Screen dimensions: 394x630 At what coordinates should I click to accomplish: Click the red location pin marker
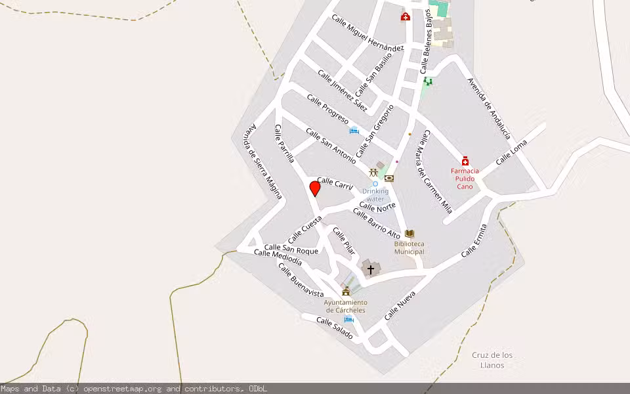click(x=315, y=189)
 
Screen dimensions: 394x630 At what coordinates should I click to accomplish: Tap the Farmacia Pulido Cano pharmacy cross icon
click(x=465, y=161)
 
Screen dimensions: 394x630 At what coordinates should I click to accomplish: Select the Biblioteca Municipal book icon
click(x=409, y=234)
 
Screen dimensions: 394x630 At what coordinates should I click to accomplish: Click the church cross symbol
click(x=371, y=269)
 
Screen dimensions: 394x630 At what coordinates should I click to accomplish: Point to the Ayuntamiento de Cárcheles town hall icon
click(x=346, y=291)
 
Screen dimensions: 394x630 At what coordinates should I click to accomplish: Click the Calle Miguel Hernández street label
click(x=367, y=33)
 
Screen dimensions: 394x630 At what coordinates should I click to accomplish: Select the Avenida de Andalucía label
click(x=489, y=108)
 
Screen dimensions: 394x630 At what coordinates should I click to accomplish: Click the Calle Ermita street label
click(x=474, y=241)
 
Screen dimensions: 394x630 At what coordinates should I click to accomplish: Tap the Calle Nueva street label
click(x=400, y=305)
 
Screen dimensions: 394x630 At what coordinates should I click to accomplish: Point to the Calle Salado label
click(x=335, y=328)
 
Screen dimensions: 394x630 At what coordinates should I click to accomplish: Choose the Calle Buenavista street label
click(x=301, y=280)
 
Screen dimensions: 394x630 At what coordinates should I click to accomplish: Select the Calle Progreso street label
click(x=327, y=109)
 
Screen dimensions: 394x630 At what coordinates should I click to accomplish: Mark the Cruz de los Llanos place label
click(x=492, y=360)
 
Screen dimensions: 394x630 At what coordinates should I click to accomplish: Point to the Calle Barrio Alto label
click(x=377, y=223)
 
